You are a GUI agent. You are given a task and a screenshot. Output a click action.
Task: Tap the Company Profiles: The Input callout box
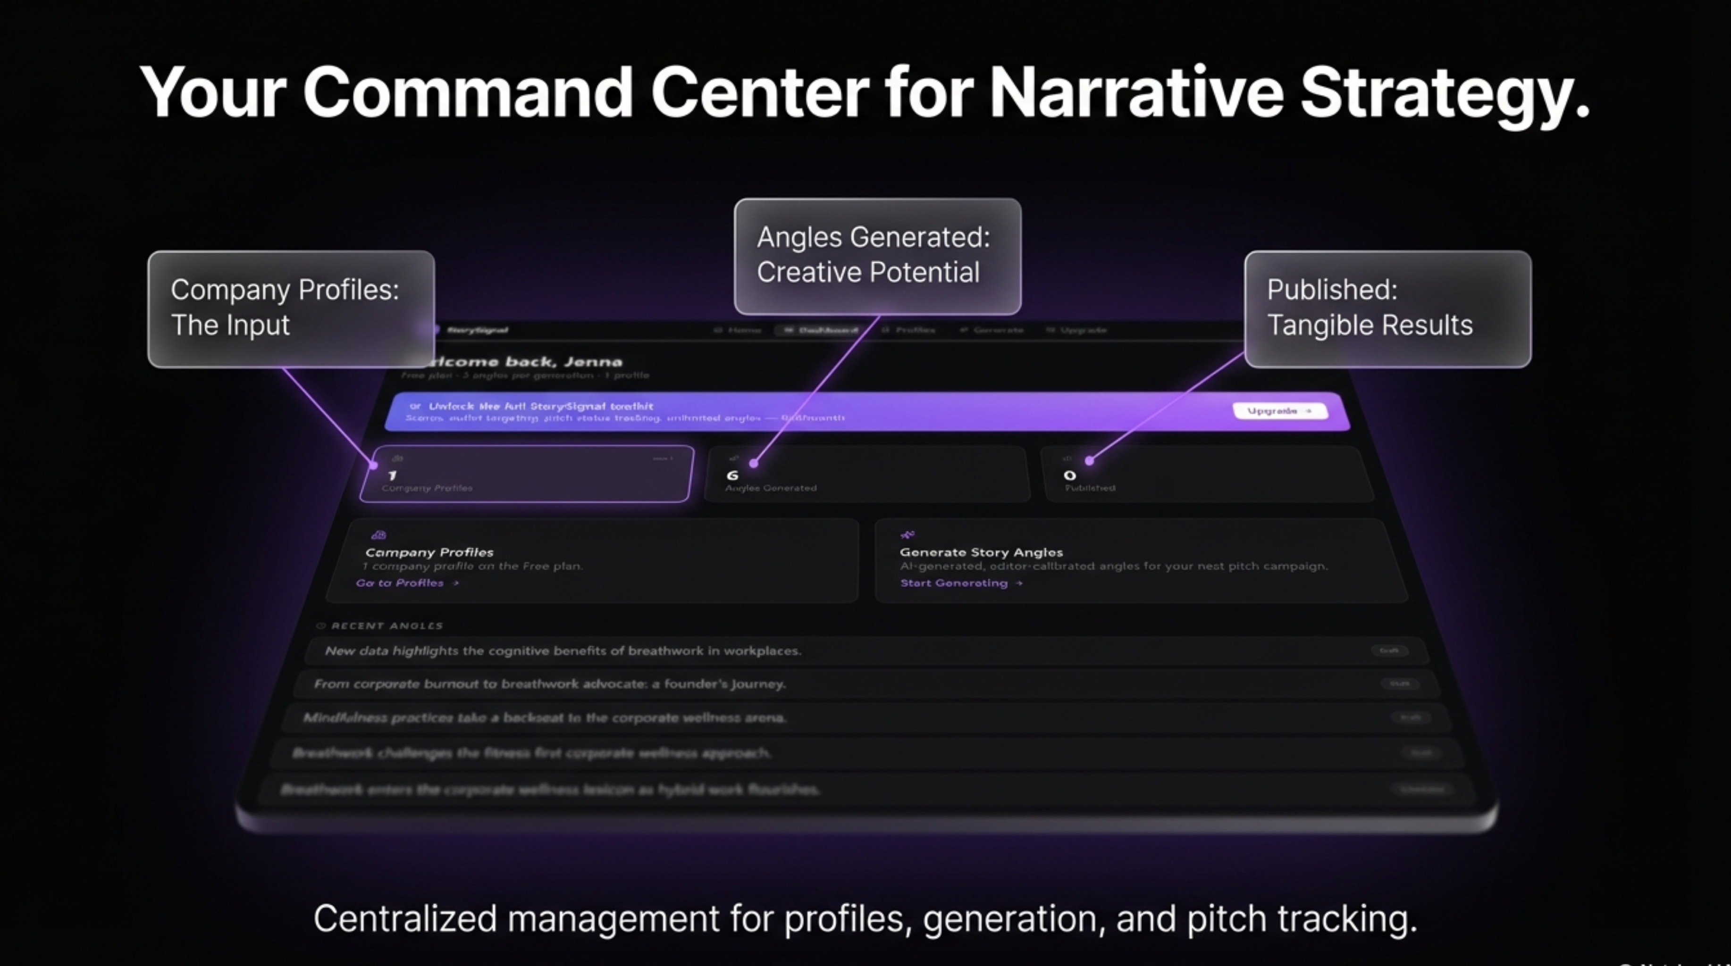291,308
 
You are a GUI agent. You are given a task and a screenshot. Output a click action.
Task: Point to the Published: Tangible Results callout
1387,308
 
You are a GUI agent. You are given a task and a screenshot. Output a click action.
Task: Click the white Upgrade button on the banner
1279,410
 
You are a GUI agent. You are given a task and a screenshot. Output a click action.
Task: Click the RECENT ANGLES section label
387,625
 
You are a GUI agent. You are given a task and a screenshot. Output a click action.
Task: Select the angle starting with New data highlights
563,651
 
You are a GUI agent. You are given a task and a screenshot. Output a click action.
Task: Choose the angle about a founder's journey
549,684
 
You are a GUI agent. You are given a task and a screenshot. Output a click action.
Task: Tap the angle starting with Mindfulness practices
544,718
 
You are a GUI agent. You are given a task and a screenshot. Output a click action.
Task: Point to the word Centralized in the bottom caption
404,918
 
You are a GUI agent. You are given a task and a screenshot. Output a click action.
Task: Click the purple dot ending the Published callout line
1089,461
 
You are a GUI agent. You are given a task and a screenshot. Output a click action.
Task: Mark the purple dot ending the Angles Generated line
754,463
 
